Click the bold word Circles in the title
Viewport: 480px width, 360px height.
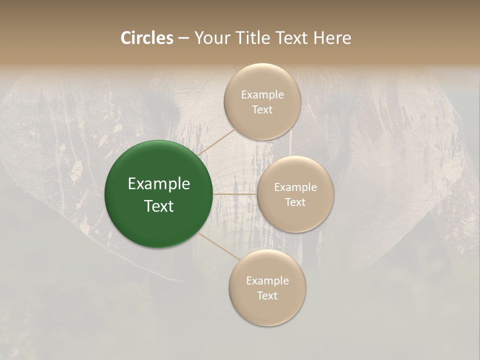(x=147, y=38)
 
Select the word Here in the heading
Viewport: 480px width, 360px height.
(x=332, y=38)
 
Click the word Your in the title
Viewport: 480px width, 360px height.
(x=211, y=38)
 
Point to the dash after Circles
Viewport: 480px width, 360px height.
(x=183, y=38)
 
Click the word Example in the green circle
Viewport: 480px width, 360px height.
(x=159, y=184)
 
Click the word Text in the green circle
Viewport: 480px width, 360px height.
(x=159, y=206)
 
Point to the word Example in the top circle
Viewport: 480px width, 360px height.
(x=262, y=95)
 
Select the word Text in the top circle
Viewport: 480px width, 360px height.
(x=262, y=110)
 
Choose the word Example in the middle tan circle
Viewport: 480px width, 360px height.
(x=295, y=187)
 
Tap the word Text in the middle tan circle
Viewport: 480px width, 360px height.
(x=295, y=202)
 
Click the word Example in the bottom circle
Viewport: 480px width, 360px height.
(x=267, y=281)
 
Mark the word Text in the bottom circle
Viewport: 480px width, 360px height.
(x=267, y=296)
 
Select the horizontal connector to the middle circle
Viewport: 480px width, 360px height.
(x=234, y=194)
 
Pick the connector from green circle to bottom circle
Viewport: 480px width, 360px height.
(x=219, y=245)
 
